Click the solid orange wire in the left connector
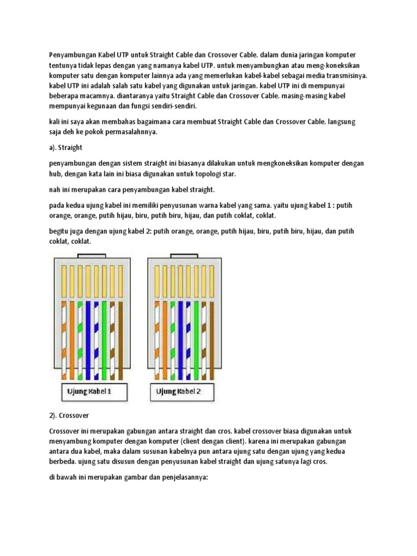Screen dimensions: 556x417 71,339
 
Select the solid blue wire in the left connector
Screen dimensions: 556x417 96,339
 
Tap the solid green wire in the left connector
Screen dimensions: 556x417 104,339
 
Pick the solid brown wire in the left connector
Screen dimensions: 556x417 121,339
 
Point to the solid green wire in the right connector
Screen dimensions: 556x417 197,339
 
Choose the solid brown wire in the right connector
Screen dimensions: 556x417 213,339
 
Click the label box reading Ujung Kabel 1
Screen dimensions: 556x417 89,391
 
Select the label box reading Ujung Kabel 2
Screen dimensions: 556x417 179,391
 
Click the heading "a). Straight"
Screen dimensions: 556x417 65,147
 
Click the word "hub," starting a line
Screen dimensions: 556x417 56,174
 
